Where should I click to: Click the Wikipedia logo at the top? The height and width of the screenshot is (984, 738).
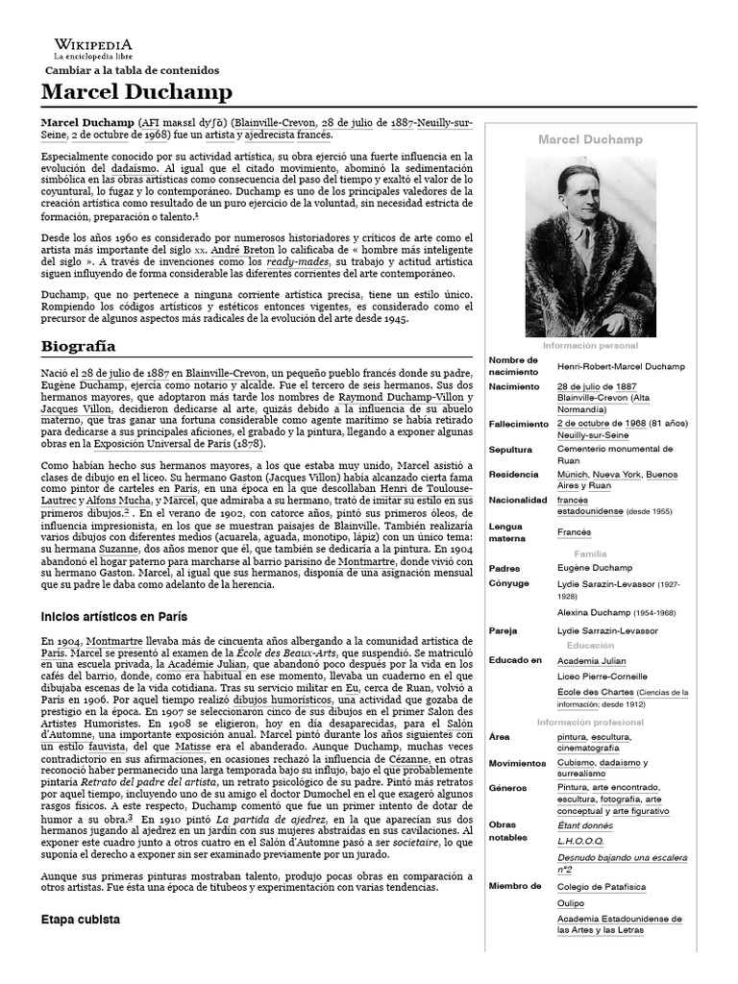(x=93, y=49)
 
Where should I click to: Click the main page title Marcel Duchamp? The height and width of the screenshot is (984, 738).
(x=136, y=92)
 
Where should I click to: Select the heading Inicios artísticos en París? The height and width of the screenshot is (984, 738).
(x=113, y=615)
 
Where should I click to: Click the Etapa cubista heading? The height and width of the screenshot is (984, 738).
(x=80, y=919)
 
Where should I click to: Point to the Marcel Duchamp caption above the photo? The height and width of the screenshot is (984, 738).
(x=589, y=140)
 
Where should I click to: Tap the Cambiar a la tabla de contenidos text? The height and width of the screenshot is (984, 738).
(x=133, y=70)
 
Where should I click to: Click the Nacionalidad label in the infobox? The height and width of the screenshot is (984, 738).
(x=518, y=500)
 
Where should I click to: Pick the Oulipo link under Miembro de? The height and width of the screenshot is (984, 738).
(x=571, y=903)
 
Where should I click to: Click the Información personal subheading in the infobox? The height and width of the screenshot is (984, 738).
(x=589, y=345)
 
